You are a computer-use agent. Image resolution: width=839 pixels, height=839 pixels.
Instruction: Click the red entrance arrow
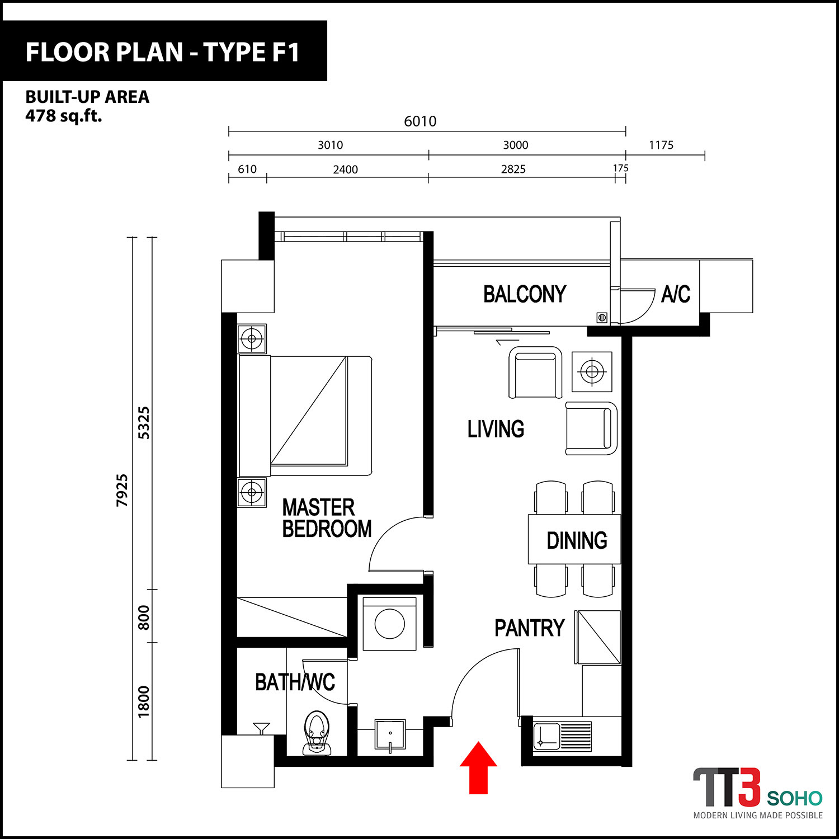pyautogui.click(x=478, y=767)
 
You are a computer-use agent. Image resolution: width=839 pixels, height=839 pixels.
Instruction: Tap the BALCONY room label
pyautogui.click(x=525, y=294)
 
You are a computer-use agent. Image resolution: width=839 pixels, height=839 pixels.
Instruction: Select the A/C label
pyautogui.click(x=676, y=294)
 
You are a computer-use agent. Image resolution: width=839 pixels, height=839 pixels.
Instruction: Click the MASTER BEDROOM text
pyautogui.click(x=327, y=519)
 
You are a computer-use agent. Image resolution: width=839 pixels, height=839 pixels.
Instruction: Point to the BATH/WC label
pyautogui.click(x=295, y=682)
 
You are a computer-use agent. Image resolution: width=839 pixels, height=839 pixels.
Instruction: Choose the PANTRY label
pyautogui.click(x=530, y=628)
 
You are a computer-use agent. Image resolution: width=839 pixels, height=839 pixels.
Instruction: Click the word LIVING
pyautogui.click(x=496, y=429)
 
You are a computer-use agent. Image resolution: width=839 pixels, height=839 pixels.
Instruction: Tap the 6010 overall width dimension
pyautogui.click(x=420, y=121)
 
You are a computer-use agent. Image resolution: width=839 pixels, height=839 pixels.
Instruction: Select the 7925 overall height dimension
pyautogui.click(x=122, y=491)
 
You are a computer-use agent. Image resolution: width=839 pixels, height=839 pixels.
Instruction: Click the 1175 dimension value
pyautogui.click(x=661, y=145)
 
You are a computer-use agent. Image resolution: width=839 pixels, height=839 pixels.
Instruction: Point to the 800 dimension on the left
pyautogui.click(x=144, y=618)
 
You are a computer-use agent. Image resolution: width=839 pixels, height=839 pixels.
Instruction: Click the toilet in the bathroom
pyautogui.click(x=317, y=733)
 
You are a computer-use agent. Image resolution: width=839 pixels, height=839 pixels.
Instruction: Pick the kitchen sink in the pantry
pyautogui.click(x=562, y=736)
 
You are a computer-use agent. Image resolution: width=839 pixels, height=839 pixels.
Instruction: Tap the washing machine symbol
pyautogui.click(x=390, y=624)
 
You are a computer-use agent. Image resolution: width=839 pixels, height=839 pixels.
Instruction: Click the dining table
pyautogui.click(x=574, y=539)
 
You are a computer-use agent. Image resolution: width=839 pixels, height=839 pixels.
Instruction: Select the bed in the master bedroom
pyautogui.click(x=305, y=416)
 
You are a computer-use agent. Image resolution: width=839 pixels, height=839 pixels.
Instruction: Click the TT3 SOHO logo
pyautogui.click(x=758, y=793)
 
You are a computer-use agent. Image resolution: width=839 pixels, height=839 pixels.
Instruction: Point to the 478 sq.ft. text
pyautogui.click(x=64, y=116)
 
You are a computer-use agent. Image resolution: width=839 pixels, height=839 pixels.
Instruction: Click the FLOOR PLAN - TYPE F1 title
pyautogui.click(x=163, y=52)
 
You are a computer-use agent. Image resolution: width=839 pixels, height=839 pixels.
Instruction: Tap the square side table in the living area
pyautogui.click(x=592, y=371)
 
